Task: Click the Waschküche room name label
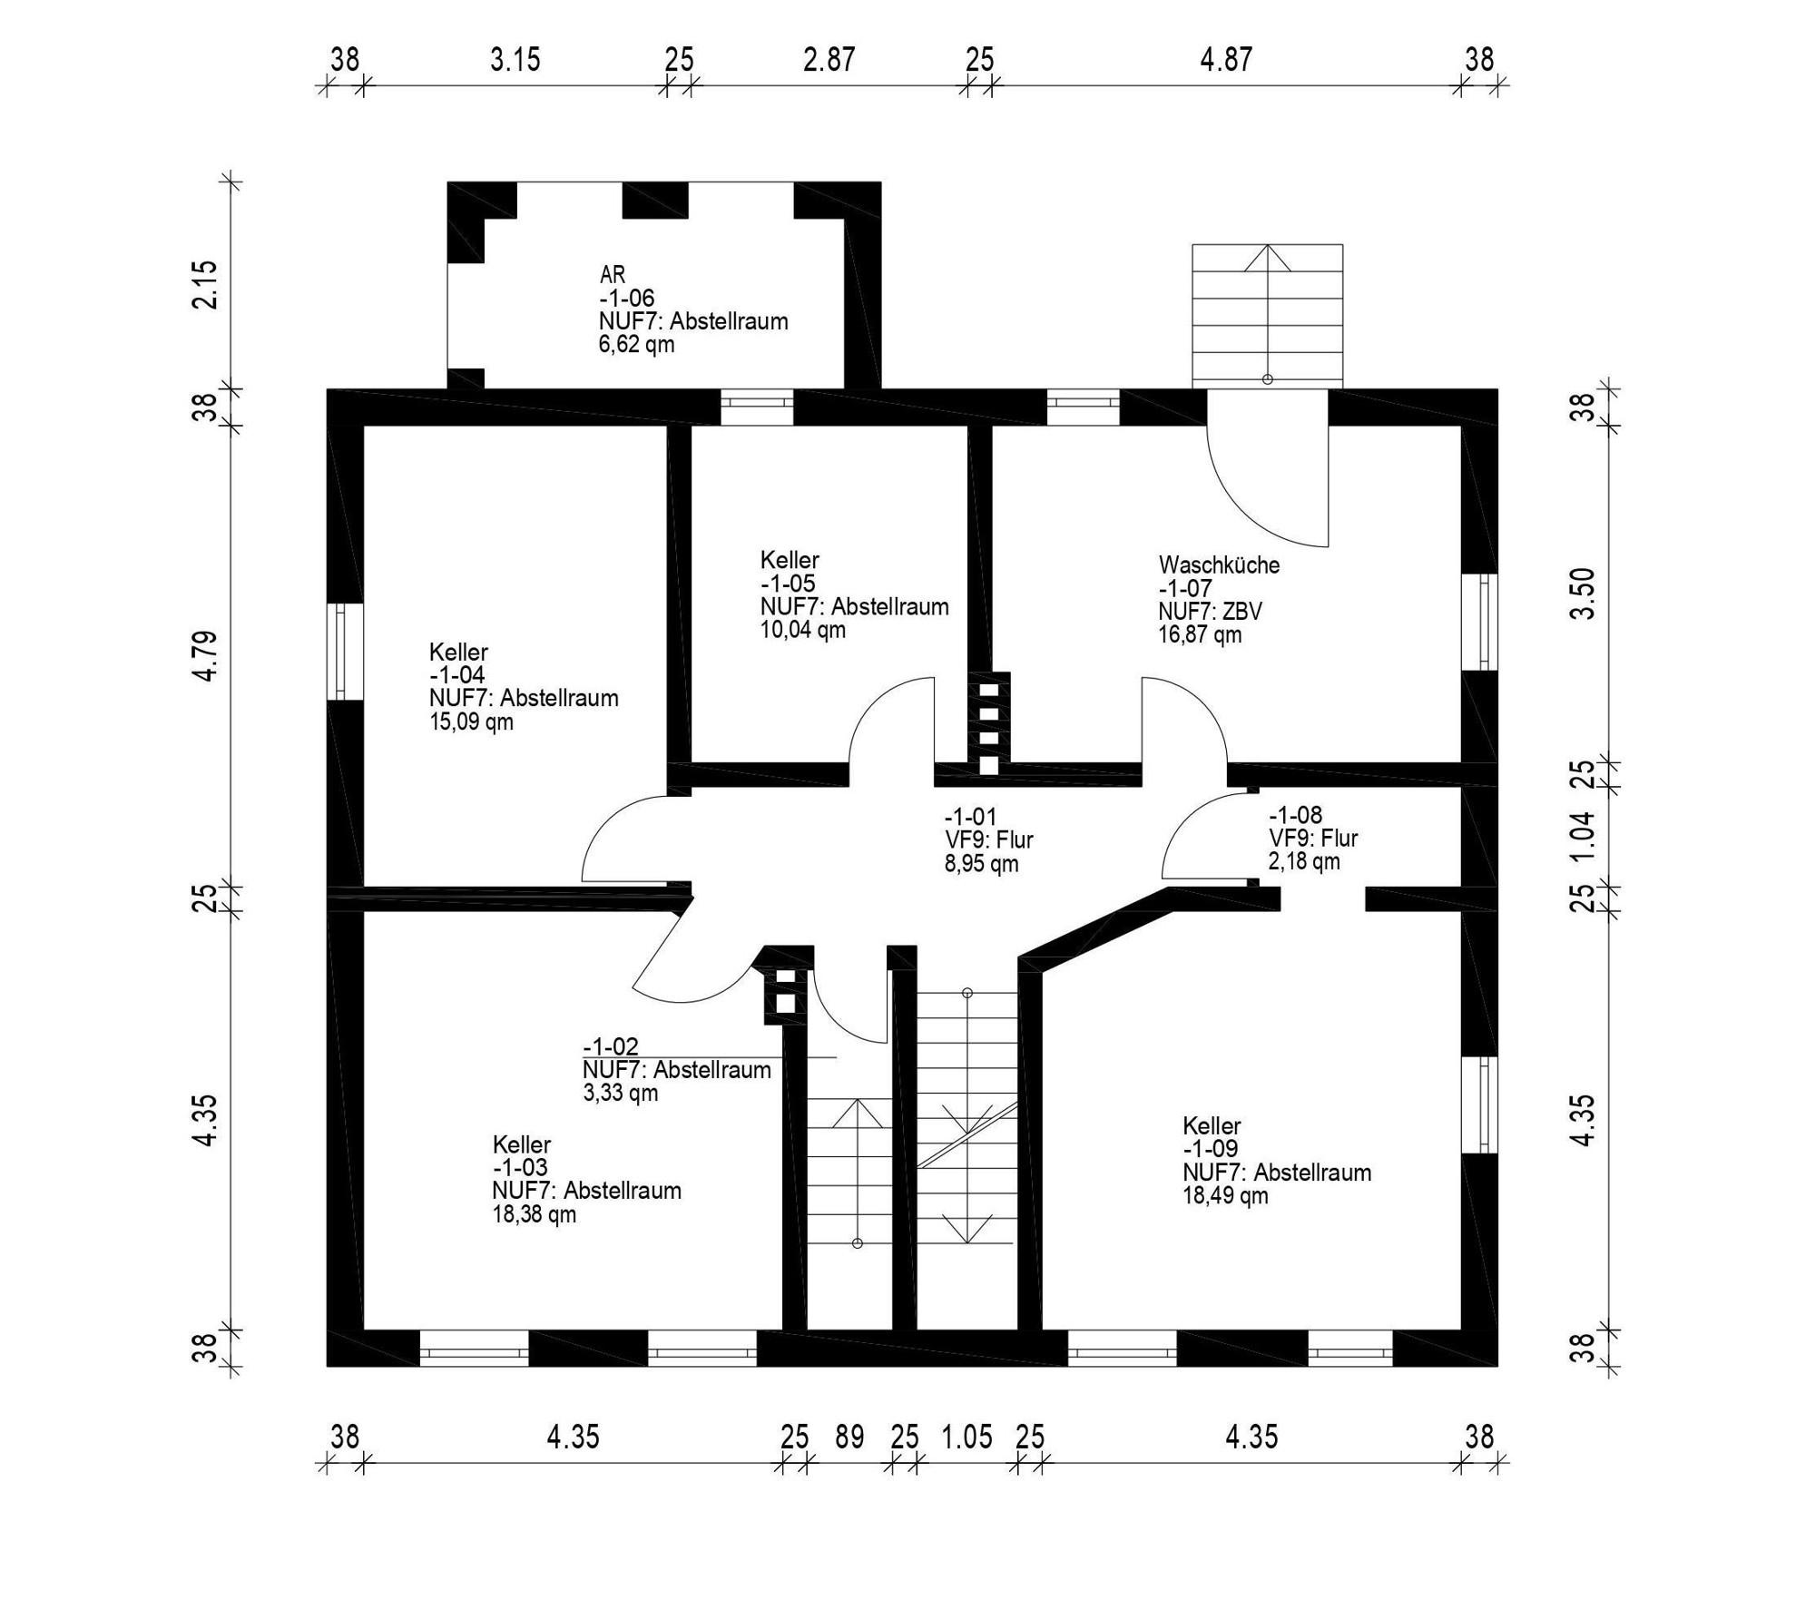(1219, 564)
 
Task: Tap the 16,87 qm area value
(1199, 634)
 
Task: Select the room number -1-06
(626, 298)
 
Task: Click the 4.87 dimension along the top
(1225, 60)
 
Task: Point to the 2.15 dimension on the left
(206, 285)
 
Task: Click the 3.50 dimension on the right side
(1583, 593)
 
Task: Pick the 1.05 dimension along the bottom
(966, 1437)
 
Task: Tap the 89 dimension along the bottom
(849, 1437)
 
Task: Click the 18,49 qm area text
(1224, 1195)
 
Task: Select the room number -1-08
(1295, 814)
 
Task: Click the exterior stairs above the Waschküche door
(1267, 313)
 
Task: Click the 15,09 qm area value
(471, 721)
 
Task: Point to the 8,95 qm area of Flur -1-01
(981, 864)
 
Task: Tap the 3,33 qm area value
(620, 1093)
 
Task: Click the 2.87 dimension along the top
(829, 60)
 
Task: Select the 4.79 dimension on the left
(206, 655)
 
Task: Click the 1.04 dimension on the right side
(1583, 836)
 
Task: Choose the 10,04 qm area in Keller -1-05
(802, 630)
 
